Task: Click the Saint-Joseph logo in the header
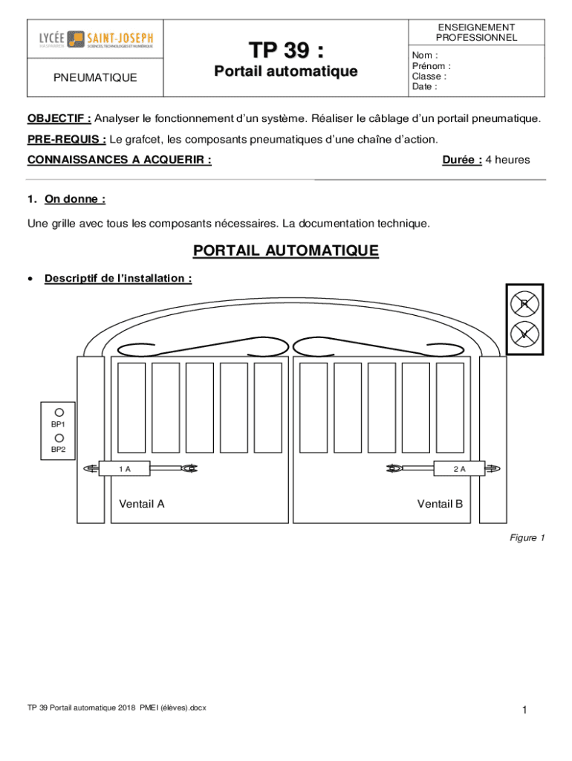(x=96, y=39)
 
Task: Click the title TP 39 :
(x=285, y=51)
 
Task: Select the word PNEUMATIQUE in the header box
(x=94, y=77)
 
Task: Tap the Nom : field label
(x=425, y=55)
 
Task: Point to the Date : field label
(x=424, y=86)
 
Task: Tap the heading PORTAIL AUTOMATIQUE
(x=286, y=251)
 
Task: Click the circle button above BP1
(x=59, y=412)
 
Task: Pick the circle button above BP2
(x=59, y=438)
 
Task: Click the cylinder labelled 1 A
(x=126, y=468)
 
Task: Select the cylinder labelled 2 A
(x=459, y=468)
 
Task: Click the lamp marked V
(x=524, y=334)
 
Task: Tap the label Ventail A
(x=142, y=504)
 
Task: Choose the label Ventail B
(x=440, y=504)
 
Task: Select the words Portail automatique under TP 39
(x=285, y=72)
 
